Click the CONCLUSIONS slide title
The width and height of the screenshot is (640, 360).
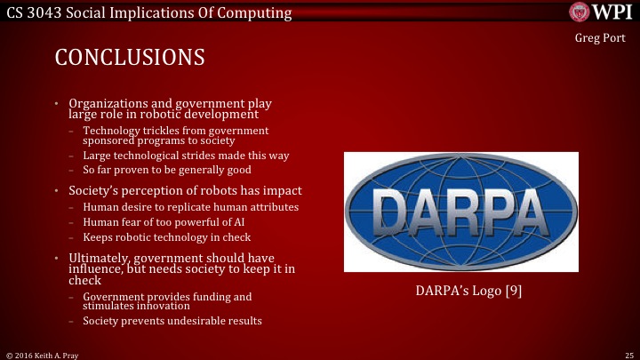click(x=130, y=58)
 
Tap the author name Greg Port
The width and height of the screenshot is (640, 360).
click(x=601, y=39)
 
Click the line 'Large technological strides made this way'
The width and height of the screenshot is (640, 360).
click(x=186, y=156)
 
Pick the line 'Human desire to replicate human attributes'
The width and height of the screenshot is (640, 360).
click(x=190, y=207)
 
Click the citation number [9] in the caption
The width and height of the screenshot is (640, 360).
click(x=512, y=290)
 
